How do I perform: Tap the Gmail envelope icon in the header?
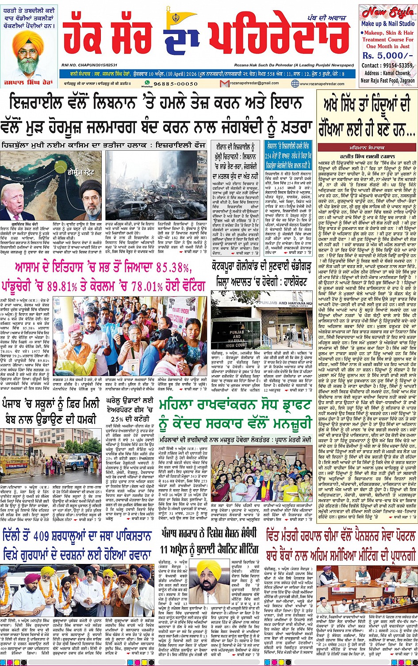pos(223,83)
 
